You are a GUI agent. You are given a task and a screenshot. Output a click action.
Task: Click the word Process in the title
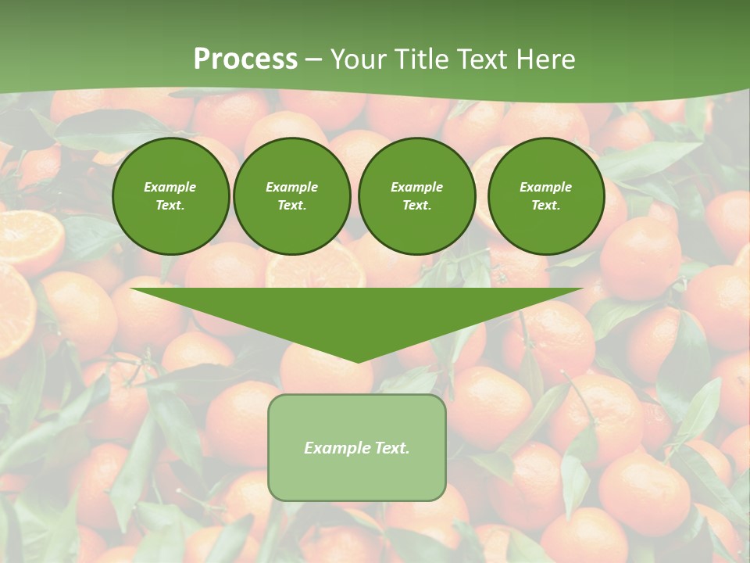tap(245, 59)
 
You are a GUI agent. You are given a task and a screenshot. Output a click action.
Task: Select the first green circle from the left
tap(170, 196)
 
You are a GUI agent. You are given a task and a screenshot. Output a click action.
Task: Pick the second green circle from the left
tap(291, 196)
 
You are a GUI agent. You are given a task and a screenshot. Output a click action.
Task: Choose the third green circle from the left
tap(416, 196)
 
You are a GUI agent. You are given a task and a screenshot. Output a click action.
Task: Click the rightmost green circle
tap(545, 196)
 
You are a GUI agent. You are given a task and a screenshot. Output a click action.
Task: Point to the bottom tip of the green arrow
tap(358, 361)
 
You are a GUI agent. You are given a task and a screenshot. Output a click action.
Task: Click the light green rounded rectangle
tap(357, 447)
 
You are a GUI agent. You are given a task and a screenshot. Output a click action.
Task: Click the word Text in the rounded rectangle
tap(391, 448)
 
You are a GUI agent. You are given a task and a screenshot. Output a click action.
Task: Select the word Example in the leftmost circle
tap(170, 187)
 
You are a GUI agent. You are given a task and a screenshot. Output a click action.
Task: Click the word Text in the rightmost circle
tap(545, 206)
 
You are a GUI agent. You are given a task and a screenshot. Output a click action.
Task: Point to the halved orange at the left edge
tap(30, 238)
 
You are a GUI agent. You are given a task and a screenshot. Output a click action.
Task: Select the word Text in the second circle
tap(291, 206)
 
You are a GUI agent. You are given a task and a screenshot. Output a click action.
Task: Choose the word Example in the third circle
tap(416, 187)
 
